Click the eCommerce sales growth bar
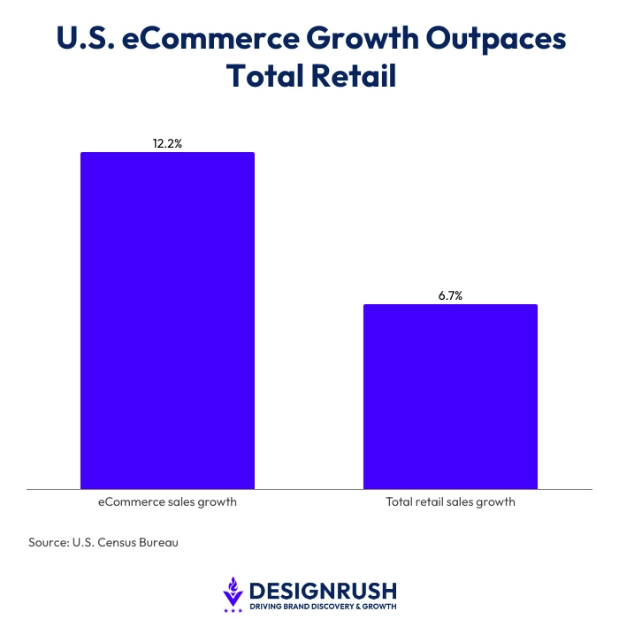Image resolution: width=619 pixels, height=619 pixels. (x=167, y=320)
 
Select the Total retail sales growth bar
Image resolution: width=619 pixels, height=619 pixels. (x=450, y=396)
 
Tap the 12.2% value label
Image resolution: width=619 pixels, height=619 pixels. (x=167, y=143)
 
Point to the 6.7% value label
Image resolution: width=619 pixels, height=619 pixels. (x=450, y=295)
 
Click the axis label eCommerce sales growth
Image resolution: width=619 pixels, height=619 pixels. (x=167, y=501)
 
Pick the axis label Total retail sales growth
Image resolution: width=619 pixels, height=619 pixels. (x=450, y=501)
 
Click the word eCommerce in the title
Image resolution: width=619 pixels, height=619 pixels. (x=210, y=38)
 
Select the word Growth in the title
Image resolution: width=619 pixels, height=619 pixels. (x=363, y=38)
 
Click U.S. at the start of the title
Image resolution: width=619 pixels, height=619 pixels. (x=86, y=38)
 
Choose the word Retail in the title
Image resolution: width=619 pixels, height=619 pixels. (x=354, y=75)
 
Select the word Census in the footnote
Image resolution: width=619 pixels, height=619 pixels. (x=116, y=542)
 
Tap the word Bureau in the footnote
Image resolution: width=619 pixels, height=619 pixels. (x=158, y=542)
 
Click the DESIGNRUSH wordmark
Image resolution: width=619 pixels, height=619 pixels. (x=323, y=591)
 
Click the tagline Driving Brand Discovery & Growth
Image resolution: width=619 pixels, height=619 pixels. (x=323, y=607)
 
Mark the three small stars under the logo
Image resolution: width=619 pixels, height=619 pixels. (x=233, y=611)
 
